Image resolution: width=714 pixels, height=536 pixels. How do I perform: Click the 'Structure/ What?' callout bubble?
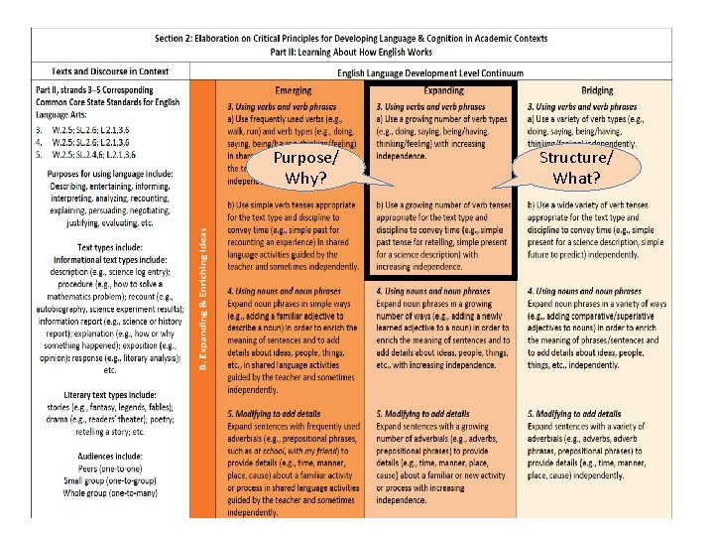click(576, 168)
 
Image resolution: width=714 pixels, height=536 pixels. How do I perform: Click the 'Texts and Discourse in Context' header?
click(110, 71)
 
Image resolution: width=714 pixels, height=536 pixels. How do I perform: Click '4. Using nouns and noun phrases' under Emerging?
click(284, 291)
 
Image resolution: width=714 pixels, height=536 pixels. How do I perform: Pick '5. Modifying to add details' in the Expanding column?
click(423, 413)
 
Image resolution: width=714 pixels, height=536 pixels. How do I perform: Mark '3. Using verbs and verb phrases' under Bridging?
click(582, 106)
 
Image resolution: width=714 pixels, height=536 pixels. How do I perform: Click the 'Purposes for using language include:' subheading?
click(109, 173)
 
